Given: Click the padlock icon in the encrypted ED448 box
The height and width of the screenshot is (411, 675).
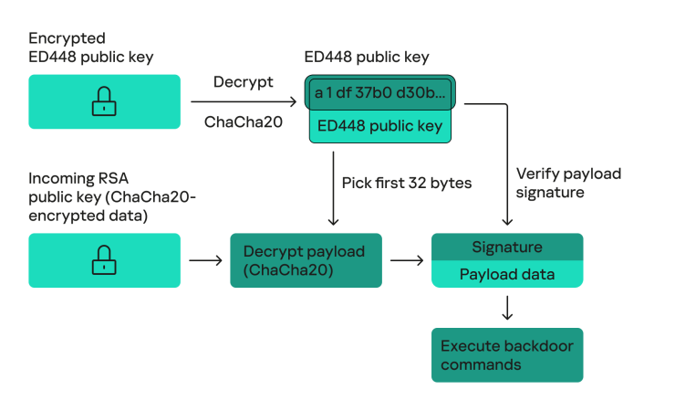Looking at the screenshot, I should tap(104, 101).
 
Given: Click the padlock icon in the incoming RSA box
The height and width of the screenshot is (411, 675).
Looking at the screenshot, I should tap(104, 260).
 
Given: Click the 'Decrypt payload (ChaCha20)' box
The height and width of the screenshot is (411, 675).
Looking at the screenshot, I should tap(306, 260).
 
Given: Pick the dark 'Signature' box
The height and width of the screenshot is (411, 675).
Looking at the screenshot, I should tap(506, 248).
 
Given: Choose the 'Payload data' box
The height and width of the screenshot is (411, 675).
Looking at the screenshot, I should tap(506, 274).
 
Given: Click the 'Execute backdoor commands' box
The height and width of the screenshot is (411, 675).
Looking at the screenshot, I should tap(506, 354).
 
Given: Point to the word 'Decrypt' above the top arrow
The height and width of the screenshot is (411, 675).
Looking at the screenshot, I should tap(243, 82).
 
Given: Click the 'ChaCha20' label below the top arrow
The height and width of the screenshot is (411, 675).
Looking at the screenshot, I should tap(243, 122).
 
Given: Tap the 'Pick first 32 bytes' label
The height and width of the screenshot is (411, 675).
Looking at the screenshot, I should tap(406, 183).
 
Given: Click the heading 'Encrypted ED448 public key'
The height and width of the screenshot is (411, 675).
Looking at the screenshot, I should tap(90, 48).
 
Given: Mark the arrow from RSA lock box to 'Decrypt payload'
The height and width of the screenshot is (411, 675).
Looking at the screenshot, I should tap(205, 261).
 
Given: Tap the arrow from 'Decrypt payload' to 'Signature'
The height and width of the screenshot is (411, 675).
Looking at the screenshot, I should tap(406, 261).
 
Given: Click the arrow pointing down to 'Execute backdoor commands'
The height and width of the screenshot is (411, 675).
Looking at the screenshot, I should tap(507, 308).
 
